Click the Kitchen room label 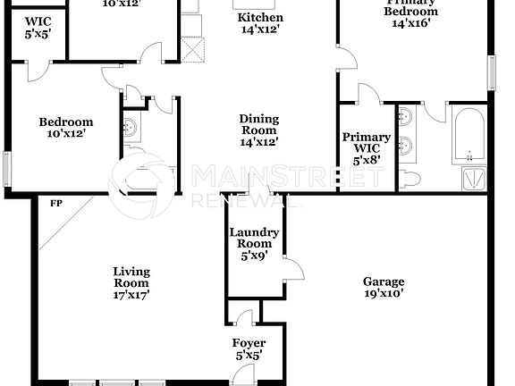(x=260, y=18)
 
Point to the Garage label (x=384, y=281)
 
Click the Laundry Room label (x=255, y=239)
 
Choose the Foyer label (x=249, y=343)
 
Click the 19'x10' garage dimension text (x=384, y=292)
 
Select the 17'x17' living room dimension (x=131, y=293)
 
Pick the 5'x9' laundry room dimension (x=255, y=256)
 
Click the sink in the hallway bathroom (x=131, y=129)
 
